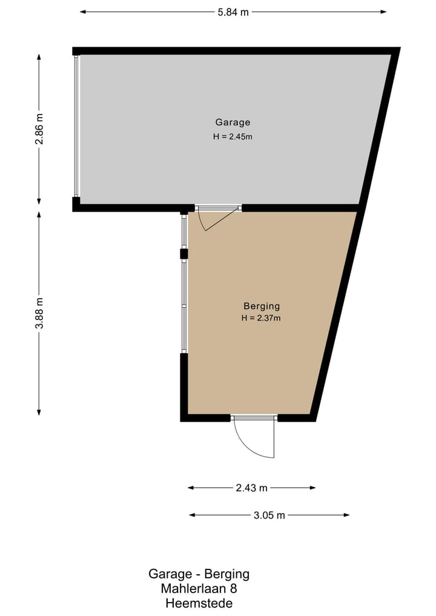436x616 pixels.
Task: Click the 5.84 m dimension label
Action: click(x=233, y=12)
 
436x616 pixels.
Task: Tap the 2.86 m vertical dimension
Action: click(x=39, y=130)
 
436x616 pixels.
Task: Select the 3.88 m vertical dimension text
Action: click(x=39, y=313)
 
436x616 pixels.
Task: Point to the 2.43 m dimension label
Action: click(x=251, y=488)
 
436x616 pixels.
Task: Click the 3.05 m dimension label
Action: click(x=269, y=515)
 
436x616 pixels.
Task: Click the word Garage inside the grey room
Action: click(x=233, y=122)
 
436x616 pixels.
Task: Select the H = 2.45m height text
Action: click(x=233, y=136)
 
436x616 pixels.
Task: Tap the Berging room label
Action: click(x=262, y=306)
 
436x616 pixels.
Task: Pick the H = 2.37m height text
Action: click(x=262, y=318)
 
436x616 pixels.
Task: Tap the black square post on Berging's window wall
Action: click(x=183, y=254)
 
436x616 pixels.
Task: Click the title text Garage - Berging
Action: click(x=199, y=574)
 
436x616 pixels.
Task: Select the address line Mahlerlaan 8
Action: click(x=199, y=589)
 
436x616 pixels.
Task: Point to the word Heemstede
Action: click(x=199, y=603)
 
